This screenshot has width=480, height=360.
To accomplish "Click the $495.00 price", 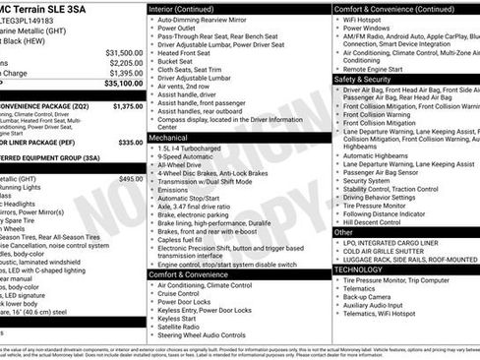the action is tap(131, 179).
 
